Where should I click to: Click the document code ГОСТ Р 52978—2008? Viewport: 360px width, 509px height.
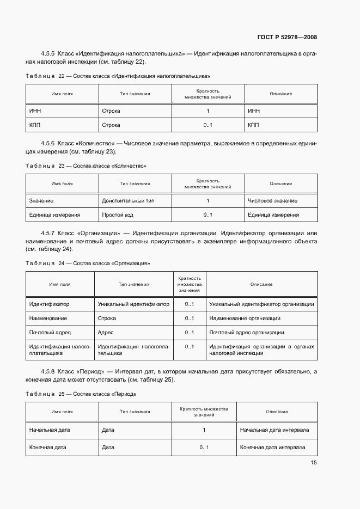286,37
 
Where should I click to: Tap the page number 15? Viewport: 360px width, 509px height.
314,463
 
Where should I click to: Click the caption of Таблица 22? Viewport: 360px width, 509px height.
118,76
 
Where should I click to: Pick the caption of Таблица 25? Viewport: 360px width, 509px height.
81,393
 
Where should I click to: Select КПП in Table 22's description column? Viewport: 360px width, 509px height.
253,125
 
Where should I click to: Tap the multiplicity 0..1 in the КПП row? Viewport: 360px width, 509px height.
208,125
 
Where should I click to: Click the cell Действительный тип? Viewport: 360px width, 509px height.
128,200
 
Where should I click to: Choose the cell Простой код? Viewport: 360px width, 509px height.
117,214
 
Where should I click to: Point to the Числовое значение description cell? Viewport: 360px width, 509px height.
272,200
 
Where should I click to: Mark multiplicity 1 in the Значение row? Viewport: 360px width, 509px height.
208,200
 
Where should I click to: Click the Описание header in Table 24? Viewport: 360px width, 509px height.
261,284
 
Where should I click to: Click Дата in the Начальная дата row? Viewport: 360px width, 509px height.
108,430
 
